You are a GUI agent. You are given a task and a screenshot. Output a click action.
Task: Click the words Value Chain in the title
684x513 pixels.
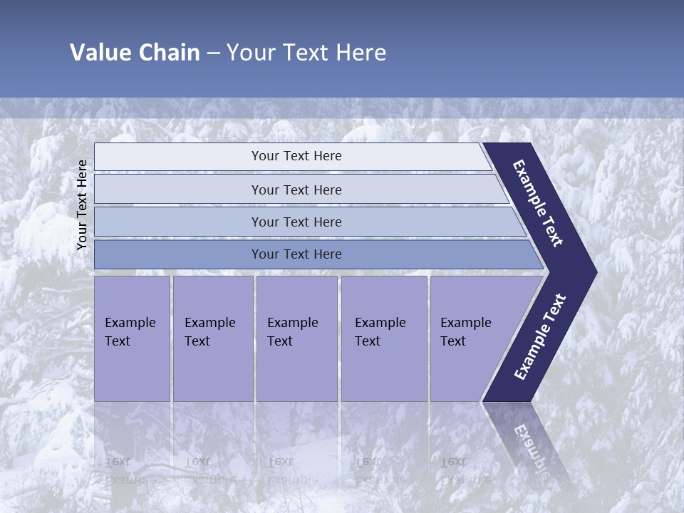coord(135,53)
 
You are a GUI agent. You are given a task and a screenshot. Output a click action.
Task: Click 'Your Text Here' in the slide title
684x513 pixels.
coord(306,53)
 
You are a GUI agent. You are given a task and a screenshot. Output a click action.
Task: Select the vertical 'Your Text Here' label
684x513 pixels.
coord(82,204)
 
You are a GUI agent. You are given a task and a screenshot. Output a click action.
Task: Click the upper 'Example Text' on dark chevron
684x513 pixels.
coord(538,203)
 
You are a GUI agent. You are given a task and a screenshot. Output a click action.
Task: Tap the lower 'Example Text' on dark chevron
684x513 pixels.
coord(540,337)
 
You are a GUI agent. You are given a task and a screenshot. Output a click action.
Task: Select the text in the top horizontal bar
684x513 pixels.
coord(296,156)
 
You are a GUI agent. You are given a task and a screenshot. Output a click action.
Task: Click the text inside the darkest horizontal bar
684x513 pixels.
coord(296,254)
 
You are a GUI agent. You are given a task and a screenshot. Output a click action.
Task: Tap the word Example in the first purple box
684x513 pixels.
coord(130,323)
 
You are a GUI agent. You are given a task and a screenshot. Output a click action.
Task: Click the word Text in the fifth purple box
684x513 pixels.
coord(453,341)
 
